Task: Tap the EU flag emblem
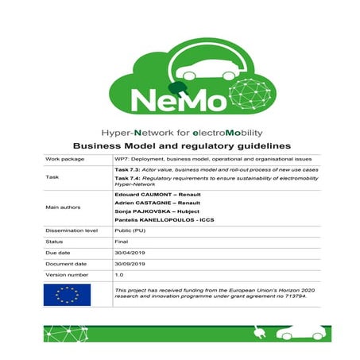tap(68, 296)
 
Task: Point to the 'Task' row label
tap(52, 179)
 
